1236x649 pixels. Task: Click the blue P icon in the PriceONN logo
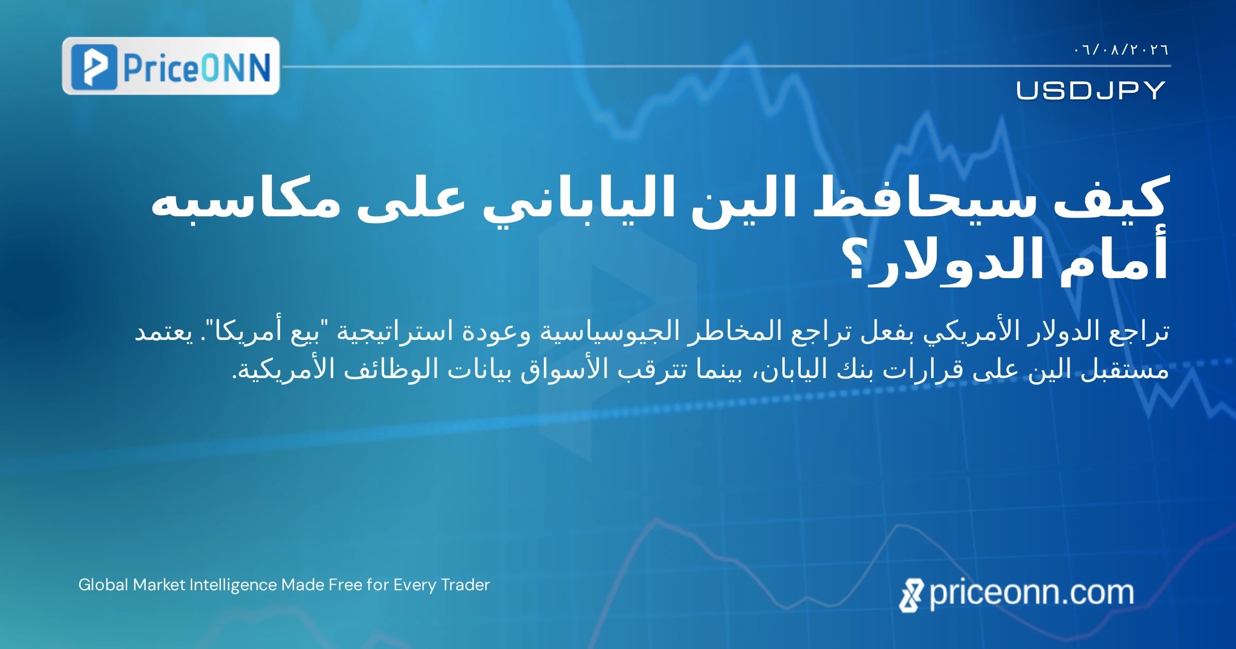click(94, 67)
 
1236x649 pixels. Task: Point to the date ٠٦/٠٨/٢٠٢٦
click(1121, 50)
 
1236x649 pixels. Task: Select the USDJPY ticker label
click(1090, 90)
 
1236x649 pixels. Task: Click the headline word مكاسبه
click(245, 198)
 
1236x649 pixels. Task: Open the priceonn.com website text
click(1032, 593)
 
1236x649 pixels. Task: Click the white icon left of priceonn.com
click(911, 595)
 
